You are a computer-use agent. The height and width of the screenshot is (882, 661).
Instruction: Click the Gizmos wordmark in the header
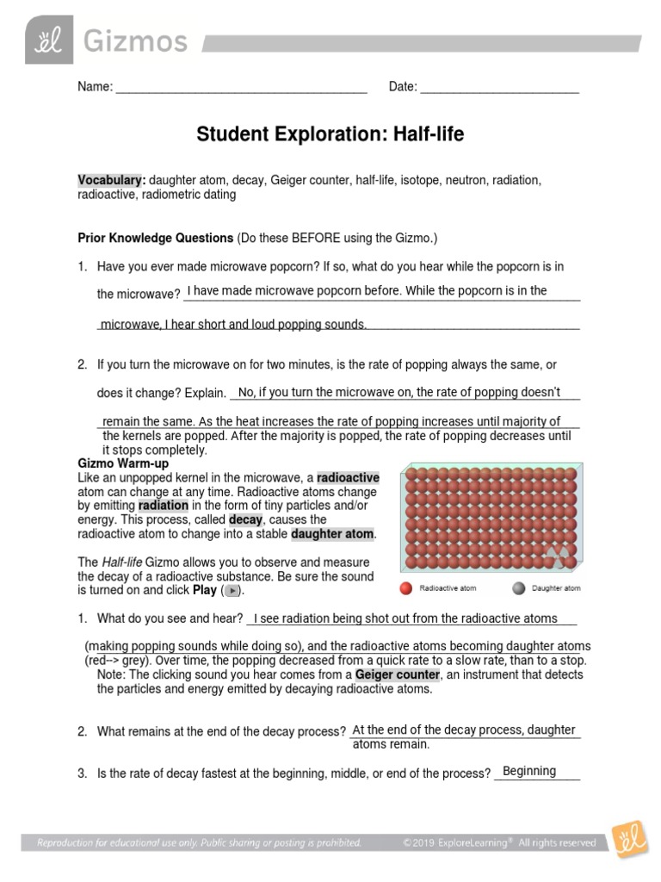pyautogui.click(x=133, y=40)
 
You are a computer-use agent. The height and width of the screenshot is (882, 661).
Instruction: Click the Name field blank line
pyautogui.click(x=241, y=87)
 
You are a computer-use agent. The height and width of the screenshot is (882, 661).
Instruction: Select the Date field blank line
pyautogui.click(x=499, y=87)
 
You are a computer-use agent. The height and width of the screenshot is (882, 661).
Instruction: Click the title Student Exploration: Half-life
pyautogui.click(x=330, y=134)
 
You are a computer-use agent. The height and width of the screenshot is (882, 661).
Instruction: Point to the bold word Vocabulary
pyautogui.click(x=111, y=180)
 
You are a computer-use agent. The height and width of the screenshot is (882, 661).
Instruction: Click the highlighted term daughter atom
pyautogui.click(x=333, y=535)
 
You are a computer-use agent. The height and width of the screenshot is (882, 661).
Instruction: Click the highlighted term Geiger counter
pyautogui.click(x=397, y=674)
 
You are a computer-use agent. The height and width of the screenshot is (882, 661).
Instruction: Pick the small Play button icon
pyautogui.click(x=232, y=591)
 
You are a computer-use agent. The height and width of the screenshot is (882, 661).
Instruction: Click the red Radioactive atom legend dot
pyautogui.click(x=406, y=589)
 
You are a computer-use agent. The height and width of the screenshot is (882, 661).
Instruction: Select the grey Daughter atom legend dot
pyautogui.click(x=518, y=589)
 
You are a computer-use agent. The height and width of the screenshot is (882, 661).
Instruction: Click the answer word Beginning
pyautogui.click(x=529, y=771)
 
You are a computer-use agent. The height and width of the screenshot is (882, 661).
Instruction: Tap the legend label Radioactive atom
pyautogui.click(x=448, y=589)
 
